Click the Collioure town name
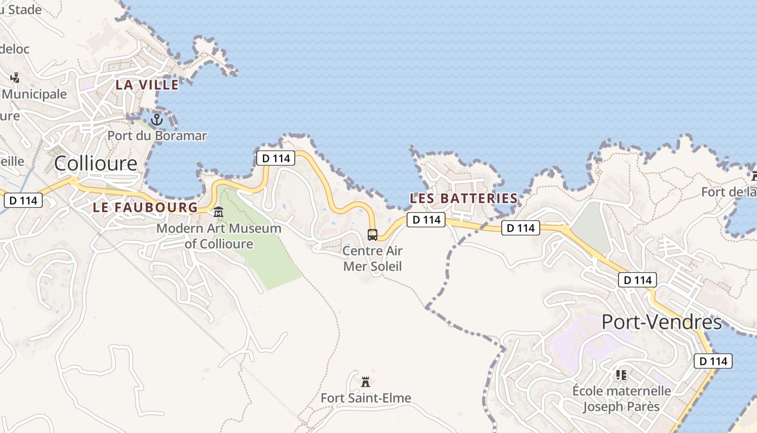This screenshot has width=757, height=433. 96,163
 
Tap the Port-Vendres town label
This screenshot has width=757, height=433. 661,323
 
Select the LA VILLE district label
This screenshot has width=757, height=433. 147,85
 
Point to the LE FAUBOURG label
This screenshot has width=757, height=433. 145,207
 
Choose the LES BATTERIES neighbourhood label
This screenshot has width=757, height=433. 463,199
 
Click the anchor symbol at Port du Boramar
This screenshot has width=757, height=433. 157,119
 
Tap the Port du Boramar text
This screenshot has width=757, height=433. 157,135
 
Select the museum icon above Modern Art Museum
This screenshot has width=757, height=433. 218,213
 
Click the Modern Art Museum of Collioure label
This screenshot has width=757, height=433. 218,236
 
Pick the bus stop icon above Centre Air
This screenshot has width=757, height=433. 373,234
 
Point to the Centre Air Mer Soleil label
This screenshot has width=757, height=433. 373,259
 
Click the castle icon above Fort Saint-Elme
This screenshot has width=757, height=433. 366,382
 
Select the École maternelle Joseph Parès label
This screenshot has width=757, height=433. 621,398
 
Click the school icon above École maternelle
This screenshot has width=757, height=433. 621,375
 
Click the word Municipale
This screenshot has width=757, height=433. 35,94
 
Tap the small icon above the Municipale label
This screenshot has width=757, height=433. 15,78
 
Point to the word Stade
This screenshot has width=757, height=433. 24,9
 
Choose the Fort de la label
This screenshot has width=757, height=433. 729,192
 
